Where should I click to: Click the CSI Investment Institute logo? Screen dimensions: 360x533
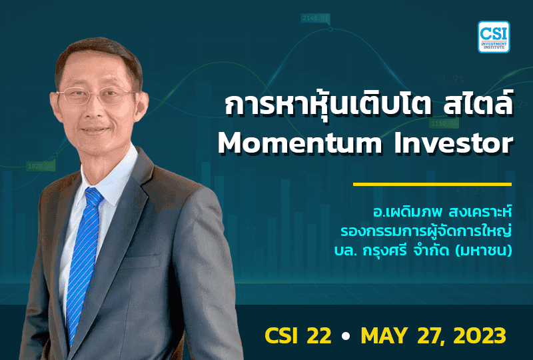tap(494, 37)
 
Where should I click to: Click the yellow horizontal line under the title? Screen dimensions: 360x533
tap(432, 184)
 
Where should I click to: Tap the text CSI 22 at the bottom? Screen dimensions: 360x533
tap(297, 335)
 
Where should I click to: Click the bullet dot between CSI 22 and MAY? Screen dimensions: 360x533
tap(344, 336)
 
